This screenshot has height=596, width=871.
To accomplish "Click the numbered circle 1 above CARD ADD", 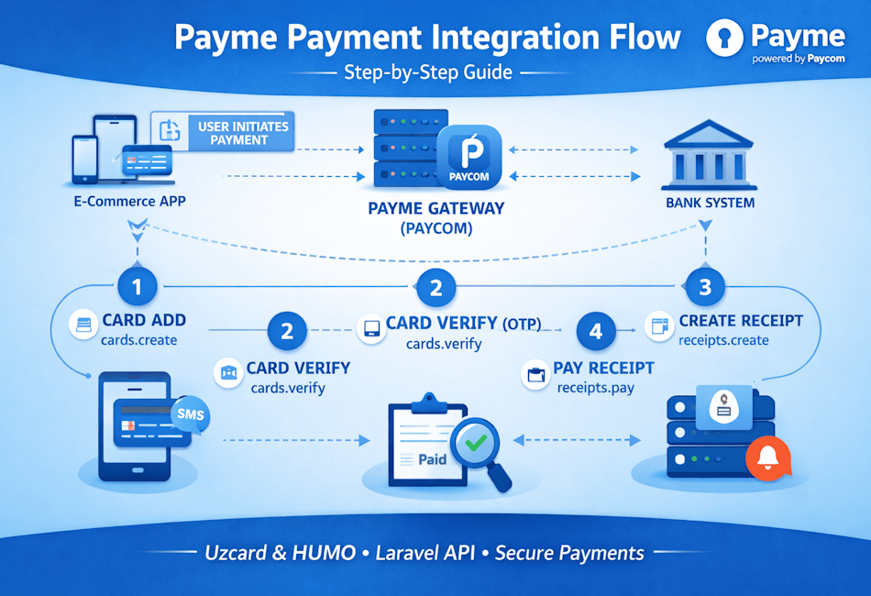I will (x=138, y=287).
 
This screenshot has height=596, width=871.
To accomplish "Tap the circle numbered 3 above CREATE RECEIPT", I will (x=705, y=287).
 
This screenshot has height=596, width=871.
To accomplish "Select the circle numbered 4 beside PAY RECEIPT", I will (x=596, y=330).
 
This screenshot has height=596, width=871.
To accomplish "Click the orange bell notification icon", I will (x=766, y=456).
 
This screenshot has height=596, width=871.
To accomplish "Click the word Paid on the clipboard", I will (x=432, y=458).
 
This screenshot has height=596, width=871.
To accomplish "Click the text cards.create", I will (x=139, y=340).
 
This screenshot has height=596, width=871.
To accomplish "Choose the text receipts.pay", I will (x=596, y=387).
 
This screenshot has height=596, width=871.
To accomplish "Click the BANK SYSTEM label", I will (x=711, y=202).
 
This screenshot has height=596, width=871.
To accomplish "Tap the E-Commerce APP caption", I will (x=130, y=201).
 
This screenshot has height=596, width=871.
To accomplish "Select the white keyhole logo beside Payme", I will (x=725, y=39).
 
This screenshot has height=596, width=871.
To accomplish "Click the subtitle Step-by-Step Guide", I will (x=428, y=72).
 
